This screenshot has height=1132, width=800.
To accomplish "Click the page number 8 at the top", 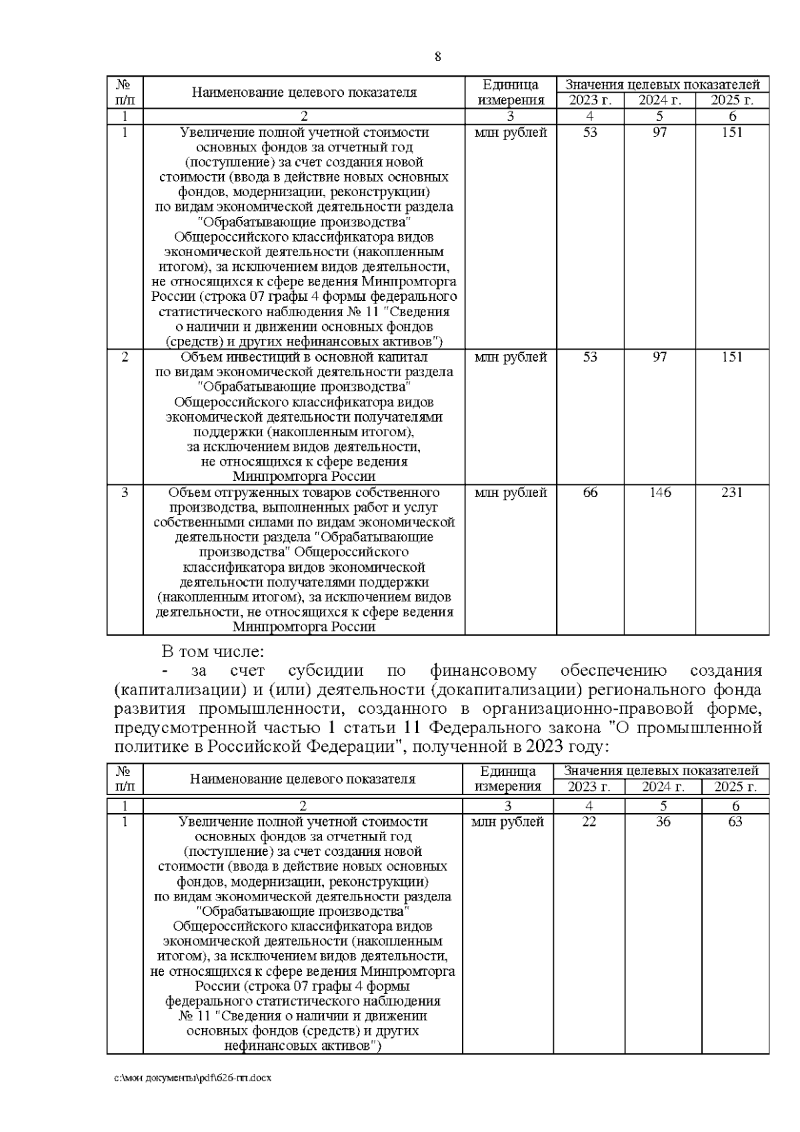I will click(437, 57).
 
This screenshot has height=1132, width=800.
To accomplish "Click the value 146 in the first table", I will click(659, 493).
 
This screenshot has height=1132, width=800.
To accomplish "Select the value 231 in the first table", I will click(732, 493).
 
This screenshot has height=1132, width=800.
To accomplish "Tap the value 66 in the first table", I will click(590, 493).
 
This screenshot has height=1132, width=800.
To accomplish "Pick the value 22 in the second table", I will click(589, 822).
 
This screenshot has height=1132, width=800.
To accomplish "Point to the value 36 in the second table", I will click(663, 822).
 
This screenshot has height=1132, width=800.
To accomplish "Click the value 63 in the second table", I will click(735, 822).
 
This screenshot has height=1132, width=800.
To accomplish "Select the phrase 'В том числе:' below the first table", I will click(213, 651).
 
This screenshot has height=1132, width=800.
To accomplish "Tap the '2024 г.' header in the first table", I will click(659, 101).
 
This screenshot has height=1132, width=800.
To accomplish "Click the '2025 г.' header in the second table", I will click(735, 787).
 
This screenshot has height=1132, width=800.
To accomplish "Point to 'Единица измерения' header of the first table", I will click(510, 93).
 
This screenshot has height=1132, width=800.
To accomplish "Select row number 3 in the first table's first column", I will click(125, 493).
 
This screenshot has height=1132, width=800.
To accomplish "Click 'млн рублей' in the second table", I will click(507, 822).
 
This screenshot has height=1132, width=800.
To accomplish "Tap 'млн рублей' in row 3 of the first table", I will click(510, 493).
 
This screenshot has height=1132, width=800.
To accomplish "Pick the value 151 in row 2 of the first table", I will click(732, 358).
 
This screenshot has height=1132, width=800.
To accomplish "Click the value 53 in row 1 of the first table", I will click(590, 132).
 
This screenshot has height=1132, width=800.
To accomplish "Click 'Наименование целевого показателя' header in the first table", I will click(304, 93).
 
